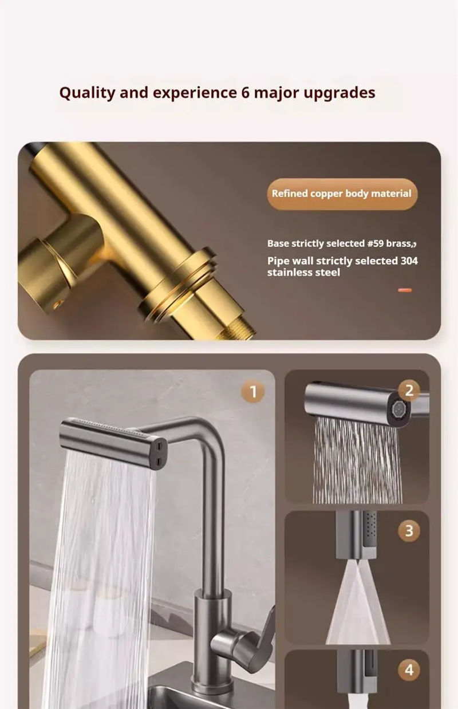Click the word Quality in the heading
pos(87,93)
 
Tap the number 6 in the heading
pos(244,92)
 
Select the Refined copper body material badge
pos(342,194)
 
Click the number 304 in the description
pos(409,261)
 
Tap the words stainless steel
pos(303,273)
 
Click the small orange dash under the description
pos(405,290)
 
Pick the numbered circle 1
pos(253,392)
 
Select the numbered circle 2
pos(409,391)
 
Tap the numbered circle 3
pos(409,530)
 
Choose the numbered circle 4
pos(409,669)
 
